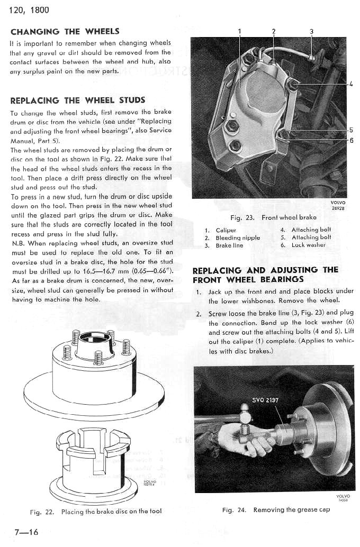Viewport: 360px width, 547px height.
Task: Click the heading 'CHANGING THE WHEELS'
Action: click(x=65, y=31)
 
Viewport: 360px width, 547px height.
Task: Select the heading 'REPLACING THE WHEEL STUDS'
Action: click(x=77, y=100)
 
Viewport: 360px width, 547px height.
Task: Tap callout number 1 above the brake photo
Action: click(x=240, y=31)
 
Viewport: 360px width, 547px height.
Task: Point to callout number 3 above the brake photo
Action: click(x=311, y=31)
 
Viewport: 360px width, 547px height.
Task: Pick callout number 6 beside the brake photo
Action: click(x=350, y=140)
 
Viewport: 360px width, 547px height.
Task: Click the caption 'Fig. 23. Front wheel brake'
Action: click(x=273, y=217)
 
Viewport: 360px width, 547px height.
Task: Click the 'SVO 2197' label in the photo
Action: click(x=265, y=400)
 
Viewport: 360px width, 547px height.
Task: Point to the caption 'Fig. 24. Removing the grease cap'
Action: click(x=276, y=509)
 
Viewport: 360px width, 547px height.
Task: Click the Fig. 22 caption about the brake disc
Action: click(x=96, y=511)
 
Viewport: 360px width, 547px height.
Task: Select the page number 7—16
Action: click(x=25, y=532)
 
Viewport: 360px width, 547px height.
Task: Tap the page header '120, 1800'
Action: click(x=29, y=10)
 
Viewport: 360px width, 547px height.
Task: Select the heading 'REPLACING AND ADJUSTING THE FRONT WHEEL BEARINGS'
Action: click(x=265, y=274)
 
